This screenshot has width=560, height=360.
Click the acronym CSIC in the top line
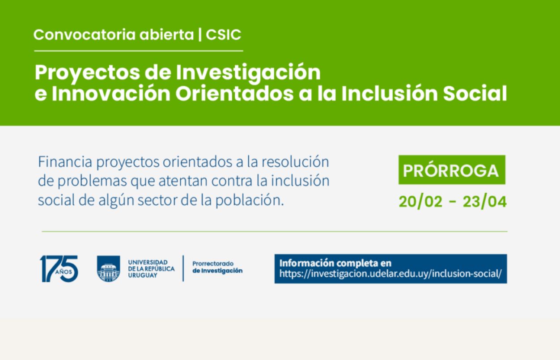click(x=223, y=34)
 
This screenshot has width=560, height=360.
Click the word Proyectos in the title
click(x=87, y=73)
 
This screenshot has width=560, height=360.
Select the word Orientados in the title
click(x=234, y=94)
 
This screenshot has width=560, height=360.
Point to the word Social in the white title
click(x=475, y=93)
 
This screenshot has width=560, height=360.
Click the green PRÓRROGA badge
click(x=452, y=170)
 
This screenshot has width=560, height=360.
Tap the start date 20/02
click(x=420, y=202)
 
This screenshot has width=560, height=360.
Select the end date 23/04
click(x=484, y=202)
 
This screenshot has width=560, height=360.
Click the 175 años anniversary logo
click(x=59, y=269)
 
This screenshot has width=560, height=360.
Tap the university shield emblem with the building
click(x=109, y=269)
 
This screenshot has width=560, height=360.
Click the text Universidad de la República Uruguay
click(x=151, y=269)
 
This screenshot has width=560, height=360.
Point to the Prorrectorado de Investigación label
click(x=217, y=267)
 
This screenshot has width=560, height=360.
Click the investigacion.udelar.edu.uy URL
click(x=390, y=274)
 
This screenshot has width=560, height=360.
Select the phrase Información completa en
click(x=335, y=263)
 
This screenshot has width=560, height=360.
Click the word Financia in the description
click(x=65, y=162)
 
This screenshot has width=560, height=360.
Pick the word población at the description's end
click(x=250, y=201)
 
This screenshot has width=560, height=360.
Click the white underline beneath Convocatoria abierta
click(x=139, y=51)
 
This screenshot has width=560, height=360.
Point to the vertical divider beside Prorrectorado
click(x=183, y=268)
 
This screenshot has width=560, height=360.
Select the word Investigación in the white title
click(x=248, y=73)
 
